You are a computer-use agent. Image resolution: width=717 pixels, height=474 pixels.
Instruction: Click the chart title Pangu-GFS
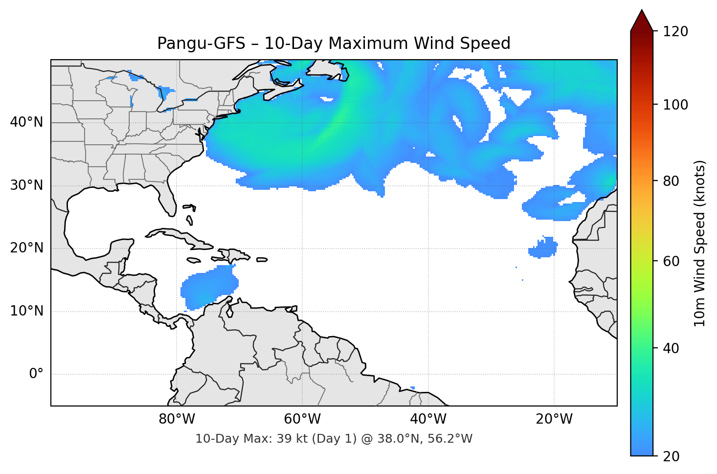[334, 44]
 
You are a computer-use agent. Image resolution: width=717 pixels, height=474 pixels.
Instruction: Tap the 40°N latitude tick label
[26, 122]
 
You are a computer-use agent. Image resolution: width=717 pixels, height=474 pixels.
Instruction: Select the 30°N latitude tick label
[26, 185]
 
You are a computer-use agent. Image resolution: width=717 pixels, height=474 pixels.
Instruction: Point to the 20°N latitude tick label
[26, 248]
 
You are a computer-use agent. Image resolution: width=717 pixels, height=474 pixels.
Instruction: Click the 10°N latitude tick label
[26, 311]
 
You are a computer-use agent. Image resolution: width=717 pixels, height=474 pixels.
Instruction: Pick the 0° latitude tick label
[36, 374]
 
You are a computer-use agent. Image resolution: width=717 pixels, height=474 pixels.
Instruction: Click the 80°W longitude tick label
[177, 419]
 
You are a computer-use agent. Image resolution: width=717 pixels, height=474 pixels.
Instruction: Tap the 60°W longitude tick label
[302, 419]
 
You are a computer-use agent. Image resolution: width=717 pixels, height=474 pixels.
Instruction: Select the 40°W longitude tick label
[428, 419]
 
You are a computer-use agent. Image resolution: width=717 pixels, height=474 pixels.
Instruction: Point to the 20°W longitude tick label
[554, 419]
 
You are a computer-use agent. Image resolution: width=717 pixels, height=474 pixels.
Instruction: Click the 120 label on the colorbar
[675, 32]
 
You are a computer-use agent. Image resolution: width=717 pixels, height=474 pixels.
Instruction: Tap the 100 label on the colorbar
[675, 105]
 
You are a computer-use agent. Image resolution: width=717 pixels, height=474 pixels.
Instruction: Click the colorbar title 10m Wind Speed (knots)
[700, 243]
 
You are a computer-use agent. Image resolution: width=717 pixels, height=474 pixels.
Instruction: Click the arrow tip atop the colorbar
[642, 11]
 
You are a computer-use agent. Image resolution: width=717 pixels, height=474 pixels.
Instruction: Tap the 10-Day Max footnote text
[334, 439]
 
